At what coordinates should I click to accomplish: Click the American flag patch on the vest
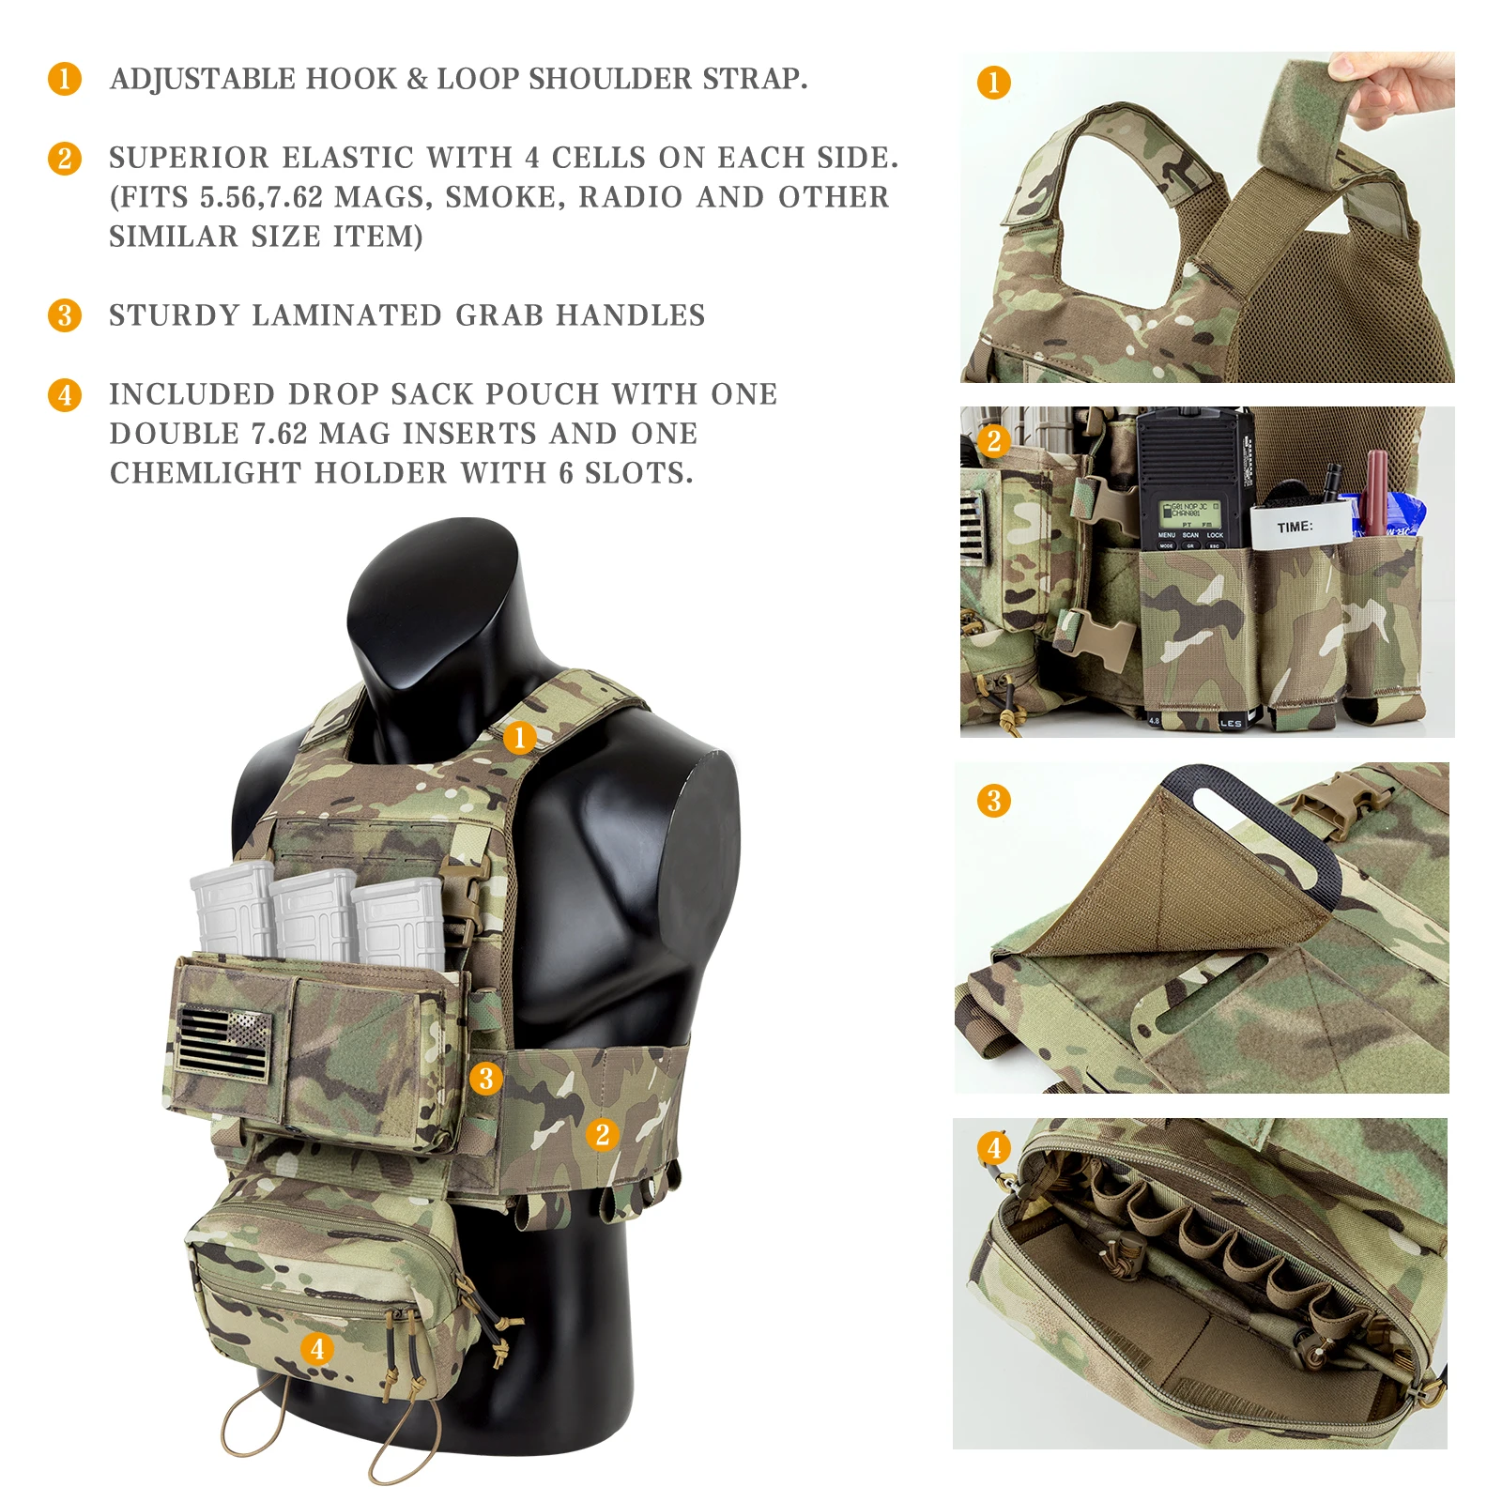tap(223, 1041)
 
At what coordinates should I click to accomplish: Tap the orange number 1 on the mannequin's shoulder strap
tap(519, 738)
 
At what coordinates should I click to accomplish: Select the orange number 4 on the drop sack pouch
tap(317, 1349)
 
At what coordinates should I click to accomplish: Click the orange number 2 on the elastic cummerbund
tap(603, 1134)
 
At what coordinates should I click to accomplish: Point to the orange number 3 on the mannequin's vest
tap(485, 1079)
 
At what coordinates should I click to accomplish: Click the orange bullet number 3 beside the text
tap(65, 315)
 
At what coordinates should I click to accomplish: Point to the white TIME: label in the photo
tap(1295, 527)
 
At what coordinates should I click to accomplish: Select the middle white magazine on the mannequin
tap(313, 915)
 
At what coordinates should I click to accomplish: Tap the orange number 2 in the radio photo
tap(994, 440)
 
